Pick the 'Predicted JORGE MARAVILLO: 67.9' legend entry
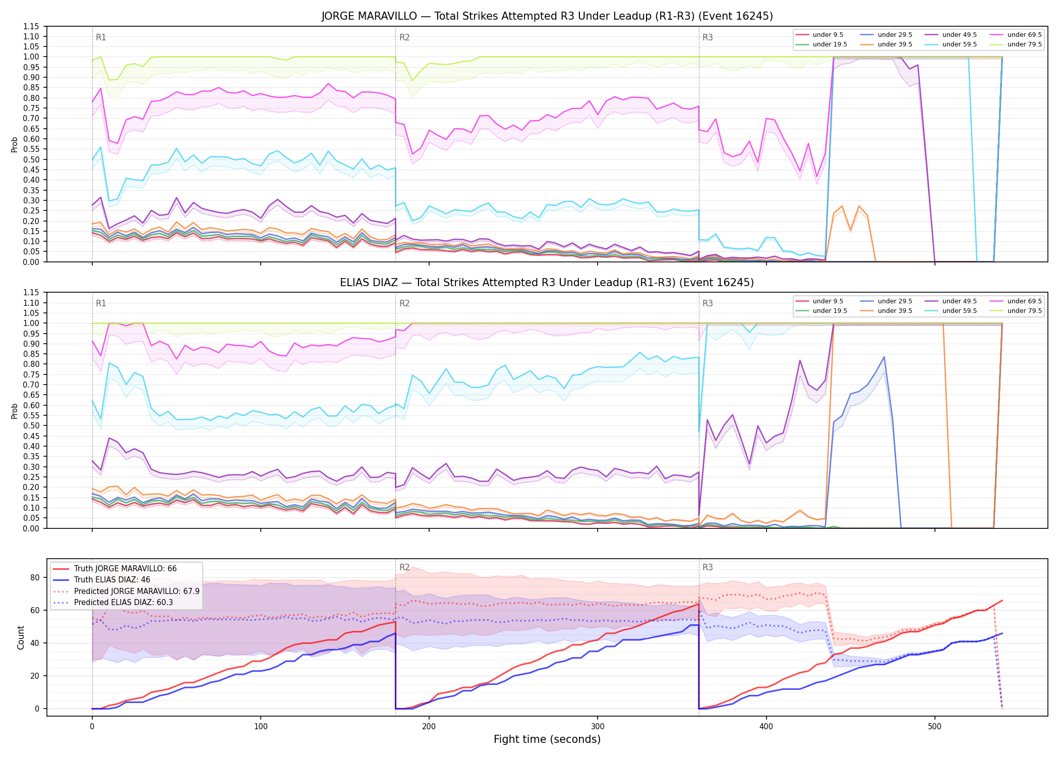pyautogui.click(x=127, y=591)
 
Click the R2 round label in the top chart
pyautogui.click(x=404, y=37)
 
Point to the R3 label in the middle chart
pyautogui.click(x=708, y=303)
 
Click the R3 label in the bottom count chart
pyautogui.click(x=708, y=567)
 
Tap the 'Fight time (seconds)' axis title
pyautogui.click(x=547, y=739)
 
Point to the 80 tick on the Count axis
pyautogui.click(x=35, y=577)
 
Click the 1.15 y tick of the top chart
pyautogui.click(x=31, y=26)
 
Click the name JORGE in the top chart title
pyautogui.click(x=337, y=16)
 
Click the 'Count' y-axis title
pyautogui.click(x=21, y=637)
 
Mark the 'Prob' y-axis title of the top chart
pyautogui.click(x=15, y=144)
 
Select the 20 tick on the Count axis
pyautogui.click(x=35, y=676)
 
